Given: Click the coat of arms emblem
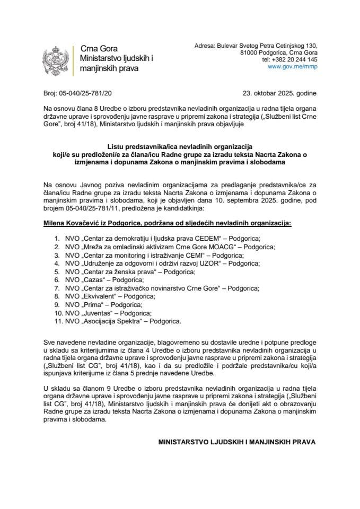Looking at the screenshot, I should point(55,63).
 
